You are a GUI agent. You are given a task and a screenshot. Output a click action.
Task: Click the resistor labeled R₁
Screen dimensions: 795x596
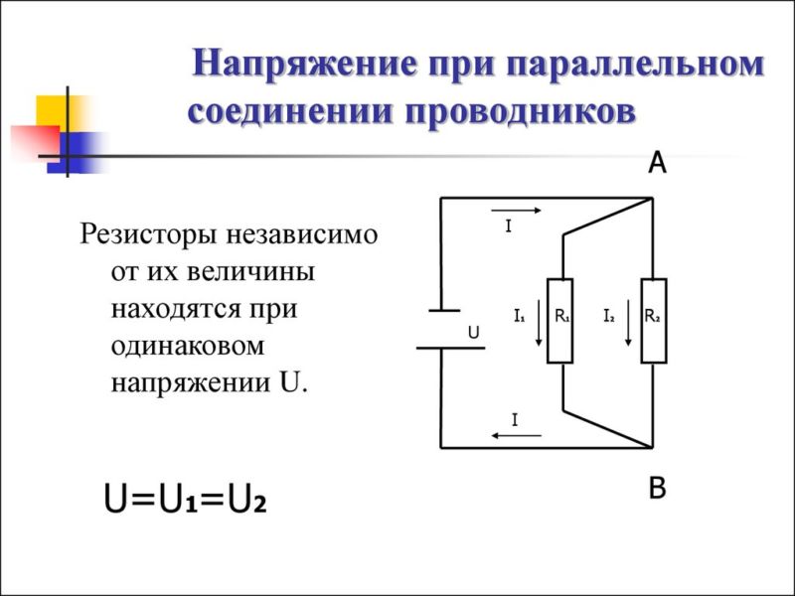coord(560,321)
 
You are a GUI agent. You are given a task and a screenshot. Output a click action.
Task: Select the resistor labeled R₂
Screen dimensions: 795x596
coord(654,321)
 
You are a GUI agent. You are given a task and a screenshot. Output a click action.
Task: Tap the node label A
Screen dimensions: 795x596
coord(657,163)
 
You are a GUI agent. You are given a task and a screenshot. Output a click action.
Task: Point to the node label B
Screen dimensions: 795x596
coord(657,488)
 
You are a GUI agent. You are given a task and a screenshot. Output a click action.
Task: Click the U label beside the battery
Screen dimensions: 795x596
coord(474,333)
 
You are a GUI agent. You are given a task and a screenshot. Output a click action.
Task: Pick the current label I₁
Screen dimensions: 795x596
coord(519,316)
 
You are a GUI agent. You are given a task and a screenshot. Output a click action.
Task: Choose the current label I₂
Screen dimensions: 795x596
coord(609,316)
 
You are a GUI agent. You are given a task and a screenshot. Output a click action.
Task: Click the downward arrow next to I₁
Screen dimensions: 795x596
coord(539,323)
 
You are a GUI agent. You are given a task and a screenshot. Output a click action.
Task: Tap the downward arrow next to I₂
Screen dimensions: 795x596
coord(628,323)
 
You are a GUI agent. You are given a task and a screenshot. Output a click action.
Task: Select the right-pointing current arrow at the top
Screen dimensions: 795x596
coord(516,211)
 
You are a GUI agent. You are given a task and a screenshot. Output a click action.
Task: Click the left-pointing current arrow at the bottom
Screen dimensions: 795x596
coord(516,435)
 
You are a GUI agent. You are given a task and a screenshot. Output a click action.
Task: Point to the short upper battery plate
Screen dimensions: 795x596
coord(444,310)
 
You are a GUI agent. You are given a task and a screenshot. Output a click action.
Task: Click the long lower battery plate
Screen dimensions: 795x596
coord(451,349)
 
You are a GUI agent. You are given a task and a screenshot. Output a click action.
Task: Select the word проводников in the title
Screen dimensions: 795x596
coord(520,111)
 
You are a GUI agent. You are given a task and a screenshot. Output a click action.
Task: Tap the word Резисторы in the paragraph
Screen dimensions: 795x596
coord(149,235)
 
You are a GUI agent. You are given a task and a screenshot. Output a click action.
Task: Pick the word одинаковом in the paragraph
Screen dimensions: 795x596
coord(188,347)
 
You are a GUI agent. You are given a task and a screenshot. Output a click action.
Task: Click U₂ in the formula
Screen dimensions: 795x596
coord(246,499)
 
